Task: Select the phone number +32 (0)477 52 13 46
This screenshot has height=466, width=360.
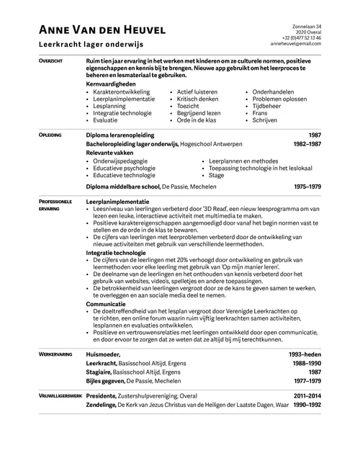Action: tap(302, 38)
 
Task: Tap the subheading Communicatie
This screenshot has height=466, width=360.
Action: tap(105, 305)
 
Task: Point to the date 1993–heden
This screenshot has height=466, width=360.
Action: tap(305, 355)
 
